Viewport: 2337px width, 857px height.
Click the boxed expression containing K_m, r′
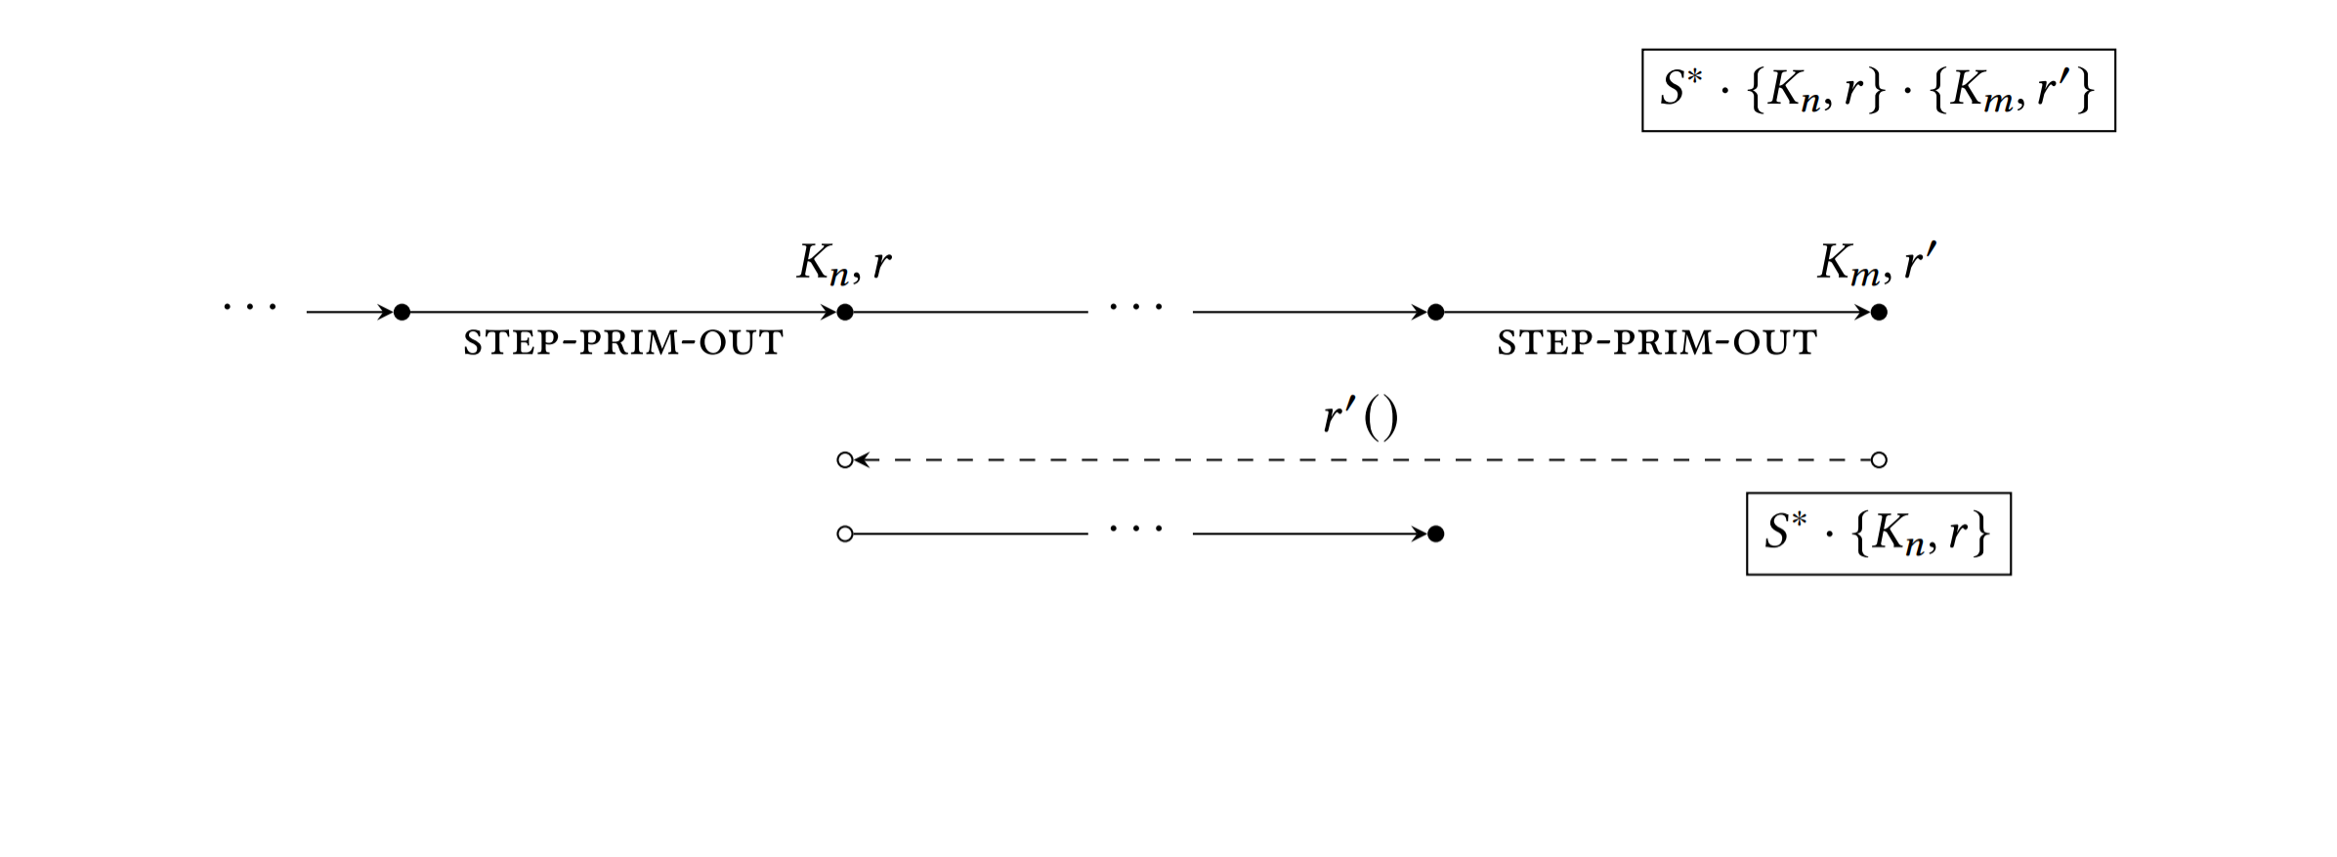point(1878,90)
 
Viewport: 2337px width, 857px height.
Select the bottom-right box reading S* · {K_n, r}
point(1878,534)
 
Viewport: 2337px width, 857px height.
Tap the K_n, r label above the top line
point(844,263)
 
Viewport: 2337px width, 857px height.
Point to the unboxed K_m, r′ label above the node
point(1876,263)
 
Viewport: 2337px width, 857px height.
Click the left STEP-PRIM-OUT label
point(623,343)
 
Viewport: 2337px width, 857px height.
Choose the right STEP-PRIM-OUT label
point(1657,343)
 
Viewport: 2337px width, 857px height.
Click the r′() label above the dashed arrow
point(1360,417)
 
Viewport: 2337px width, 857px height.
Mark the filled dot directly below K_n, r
point(845,313)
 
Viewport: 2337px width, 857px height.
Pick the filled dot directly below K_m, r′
point(1878,313)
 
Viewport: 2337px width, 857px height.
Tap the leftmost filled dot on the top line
point(402,313)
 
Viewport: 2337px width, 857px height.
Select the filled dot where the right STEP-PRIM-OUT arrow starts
point(1435,313)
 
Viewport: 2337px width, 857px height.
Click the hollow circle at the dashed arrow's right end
point(1878,460)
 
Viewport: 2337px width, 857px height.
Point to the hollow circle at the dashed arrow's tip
point(845,460)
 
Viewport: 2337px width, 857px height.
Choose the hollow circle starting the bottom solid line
point(845,534)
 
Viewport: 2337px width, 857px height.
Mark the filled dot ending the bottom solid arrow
point(1435,534)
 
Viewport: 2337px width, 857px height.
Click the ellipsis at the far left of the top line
point(250,308)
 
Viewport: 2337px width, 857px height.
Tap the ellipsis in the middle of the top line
point(1136,308)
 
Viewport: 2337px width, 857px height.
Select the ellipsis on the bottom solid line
point(1136,530)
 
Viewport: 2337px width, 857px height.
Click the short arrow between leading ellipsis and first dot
point(349,313)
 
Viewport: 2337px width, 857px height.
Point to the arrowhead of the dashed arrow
point(862,460)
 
